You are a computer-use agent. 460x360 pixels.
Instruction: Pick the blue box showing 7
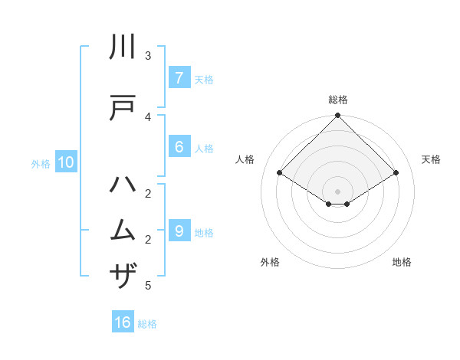179,78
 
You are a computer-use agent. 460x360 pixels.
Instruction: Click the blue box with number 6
179,147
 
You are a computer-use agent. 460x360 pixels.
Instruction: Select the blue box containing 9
179,231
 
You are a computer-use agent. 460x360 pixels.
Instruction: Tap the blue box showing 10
65,162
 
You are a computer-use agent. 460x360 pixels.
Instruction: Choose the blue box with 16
123,322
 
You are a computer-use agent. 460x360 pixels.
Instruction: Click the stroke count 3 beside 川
148,56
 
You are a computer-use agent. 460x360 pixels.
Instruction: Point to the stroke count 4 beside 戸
148,116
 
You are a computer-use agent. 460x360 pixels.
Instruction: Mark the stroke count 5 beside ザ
148,286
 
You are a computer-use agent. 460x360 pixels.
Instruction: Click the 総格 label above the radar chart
338,100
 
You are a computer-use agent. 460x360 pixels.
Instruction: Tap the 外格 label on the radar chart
270,262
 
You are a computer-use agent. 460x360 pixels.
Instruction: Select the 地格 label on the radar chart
402,262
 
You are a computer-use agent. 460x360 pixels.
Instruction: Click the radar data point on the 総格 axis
338,116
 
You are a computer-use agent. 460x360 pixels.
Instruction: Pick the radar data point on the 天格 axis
396,173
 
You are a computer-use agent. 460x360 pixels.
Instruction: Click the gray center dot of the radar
338,191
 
